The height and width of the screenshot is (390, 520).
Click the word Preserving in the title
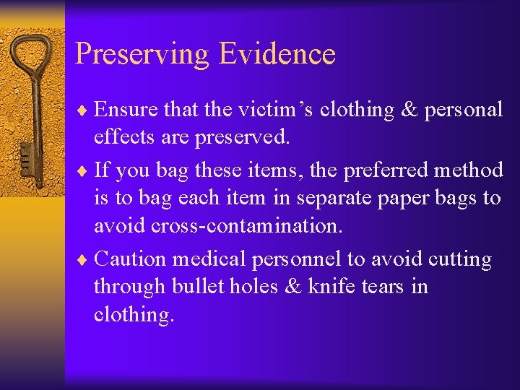tap(142, 54)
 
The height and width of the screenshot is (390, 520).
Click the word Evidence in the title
tap(277, 53)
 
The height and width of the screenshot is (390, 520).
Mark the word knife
tap(330, 287)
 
